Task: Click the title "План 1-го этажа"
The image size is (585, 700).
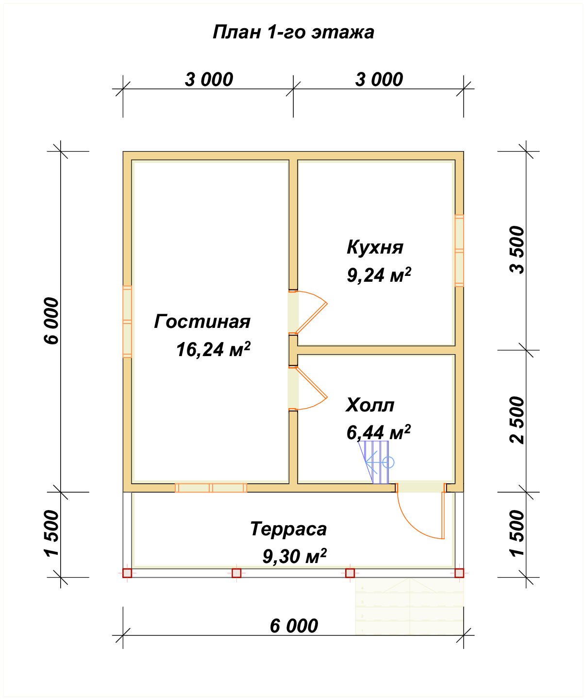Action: [293, 33]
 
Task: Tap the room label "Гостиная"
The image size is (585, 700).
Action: [202, 321]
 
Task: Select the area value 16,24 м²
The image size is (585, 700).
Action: [213, 349]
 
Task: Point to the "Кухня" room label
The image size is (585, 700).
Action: [375, 247]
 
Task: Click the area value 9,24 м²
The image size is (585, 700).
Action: [379, 275]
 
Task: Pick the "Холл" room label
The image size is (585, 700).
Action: [370, 405]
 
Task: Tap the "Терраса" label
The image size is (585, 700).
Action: [288, 529]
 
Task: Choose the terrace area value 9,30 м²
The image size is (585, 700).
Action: [294, 557]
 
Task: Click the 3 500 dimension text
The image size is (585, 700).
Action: [517, 250]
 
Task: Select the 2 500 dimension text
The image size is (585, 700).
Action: [517, 420]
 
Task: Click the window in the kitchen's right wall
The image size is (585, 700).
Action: [459, 251]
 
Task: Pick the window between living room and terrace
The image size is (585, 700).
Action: [211, 488]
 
